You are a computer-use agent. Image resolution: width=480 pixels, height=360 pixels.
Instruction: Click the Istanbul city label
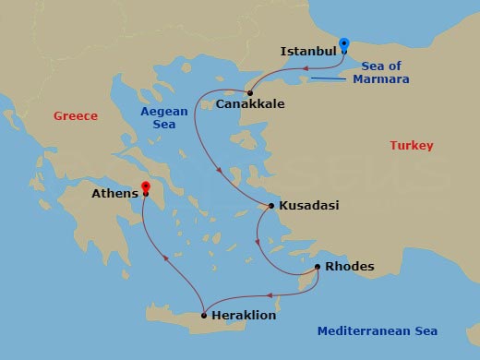click(307, 52)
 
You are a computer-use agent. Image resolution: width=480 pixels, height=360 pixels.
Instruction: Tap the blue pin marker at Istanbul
click(344, 44)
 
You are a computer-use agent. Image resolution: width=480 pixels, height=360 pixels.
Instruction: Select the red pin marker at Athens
click(145, 187)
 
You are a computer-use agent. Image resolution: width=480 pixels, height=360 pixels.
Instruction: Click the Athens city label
click(114, 194)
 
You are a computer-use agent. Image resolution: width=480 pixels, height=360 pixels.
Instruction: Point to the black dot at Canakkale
click(250, 92)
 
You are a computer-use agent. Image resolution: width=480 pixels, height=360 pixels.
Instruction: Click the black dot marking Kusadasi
click(270, 206)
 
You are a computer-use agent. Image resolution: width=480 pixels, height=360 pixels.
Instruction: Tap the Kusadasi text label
click(308, 207)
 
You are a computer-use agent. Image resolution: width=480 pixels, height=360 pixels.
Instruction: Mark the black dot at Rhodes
click(318, 267)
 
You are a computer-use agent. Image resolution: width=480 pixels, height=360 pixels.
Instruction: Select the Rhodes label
click(350, 267)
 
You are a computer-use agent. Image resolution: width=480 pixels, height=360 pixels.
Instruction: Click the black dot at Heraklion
click(203, 314)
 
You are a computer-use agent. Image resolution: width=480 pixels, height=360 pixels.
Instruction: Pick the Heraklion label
click(244, 316)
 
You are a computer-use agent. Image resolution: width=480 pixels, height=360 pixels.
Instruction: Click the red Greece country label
click(76, 116)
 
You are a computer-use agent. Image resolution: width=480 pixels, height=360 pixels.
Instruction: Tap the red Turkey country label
click(412, 146)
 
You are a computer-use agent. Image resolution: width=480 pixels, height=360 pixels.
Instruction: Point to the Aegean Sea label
click(164, 118)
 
